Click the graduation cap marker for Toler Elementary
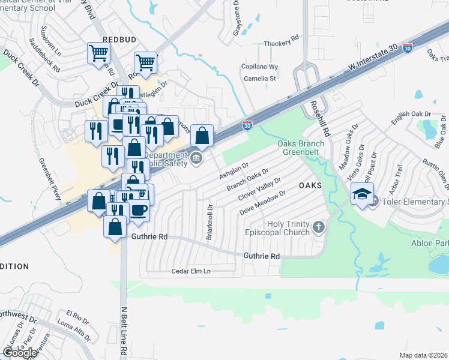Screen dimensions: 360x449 pyautogui.click(x=362, y=195)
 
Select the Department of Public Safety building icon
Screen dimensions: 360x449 pyautogui.click(x=196, y=158)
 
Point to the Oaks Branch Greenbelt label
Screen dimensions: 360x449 pyautogui.click(x=301, y=148)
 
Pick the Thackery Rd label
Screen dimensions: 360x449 pyautogui.click(x=282, y=44)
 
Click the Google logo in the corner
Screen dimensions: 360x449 pyautogui.click(x=20, y=352)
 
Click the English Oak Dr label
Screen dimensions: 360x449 pyautogui.click(x=411, y=114)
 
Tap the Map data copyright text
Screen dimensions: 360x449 pyautogui.click(x=423, y=355)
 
